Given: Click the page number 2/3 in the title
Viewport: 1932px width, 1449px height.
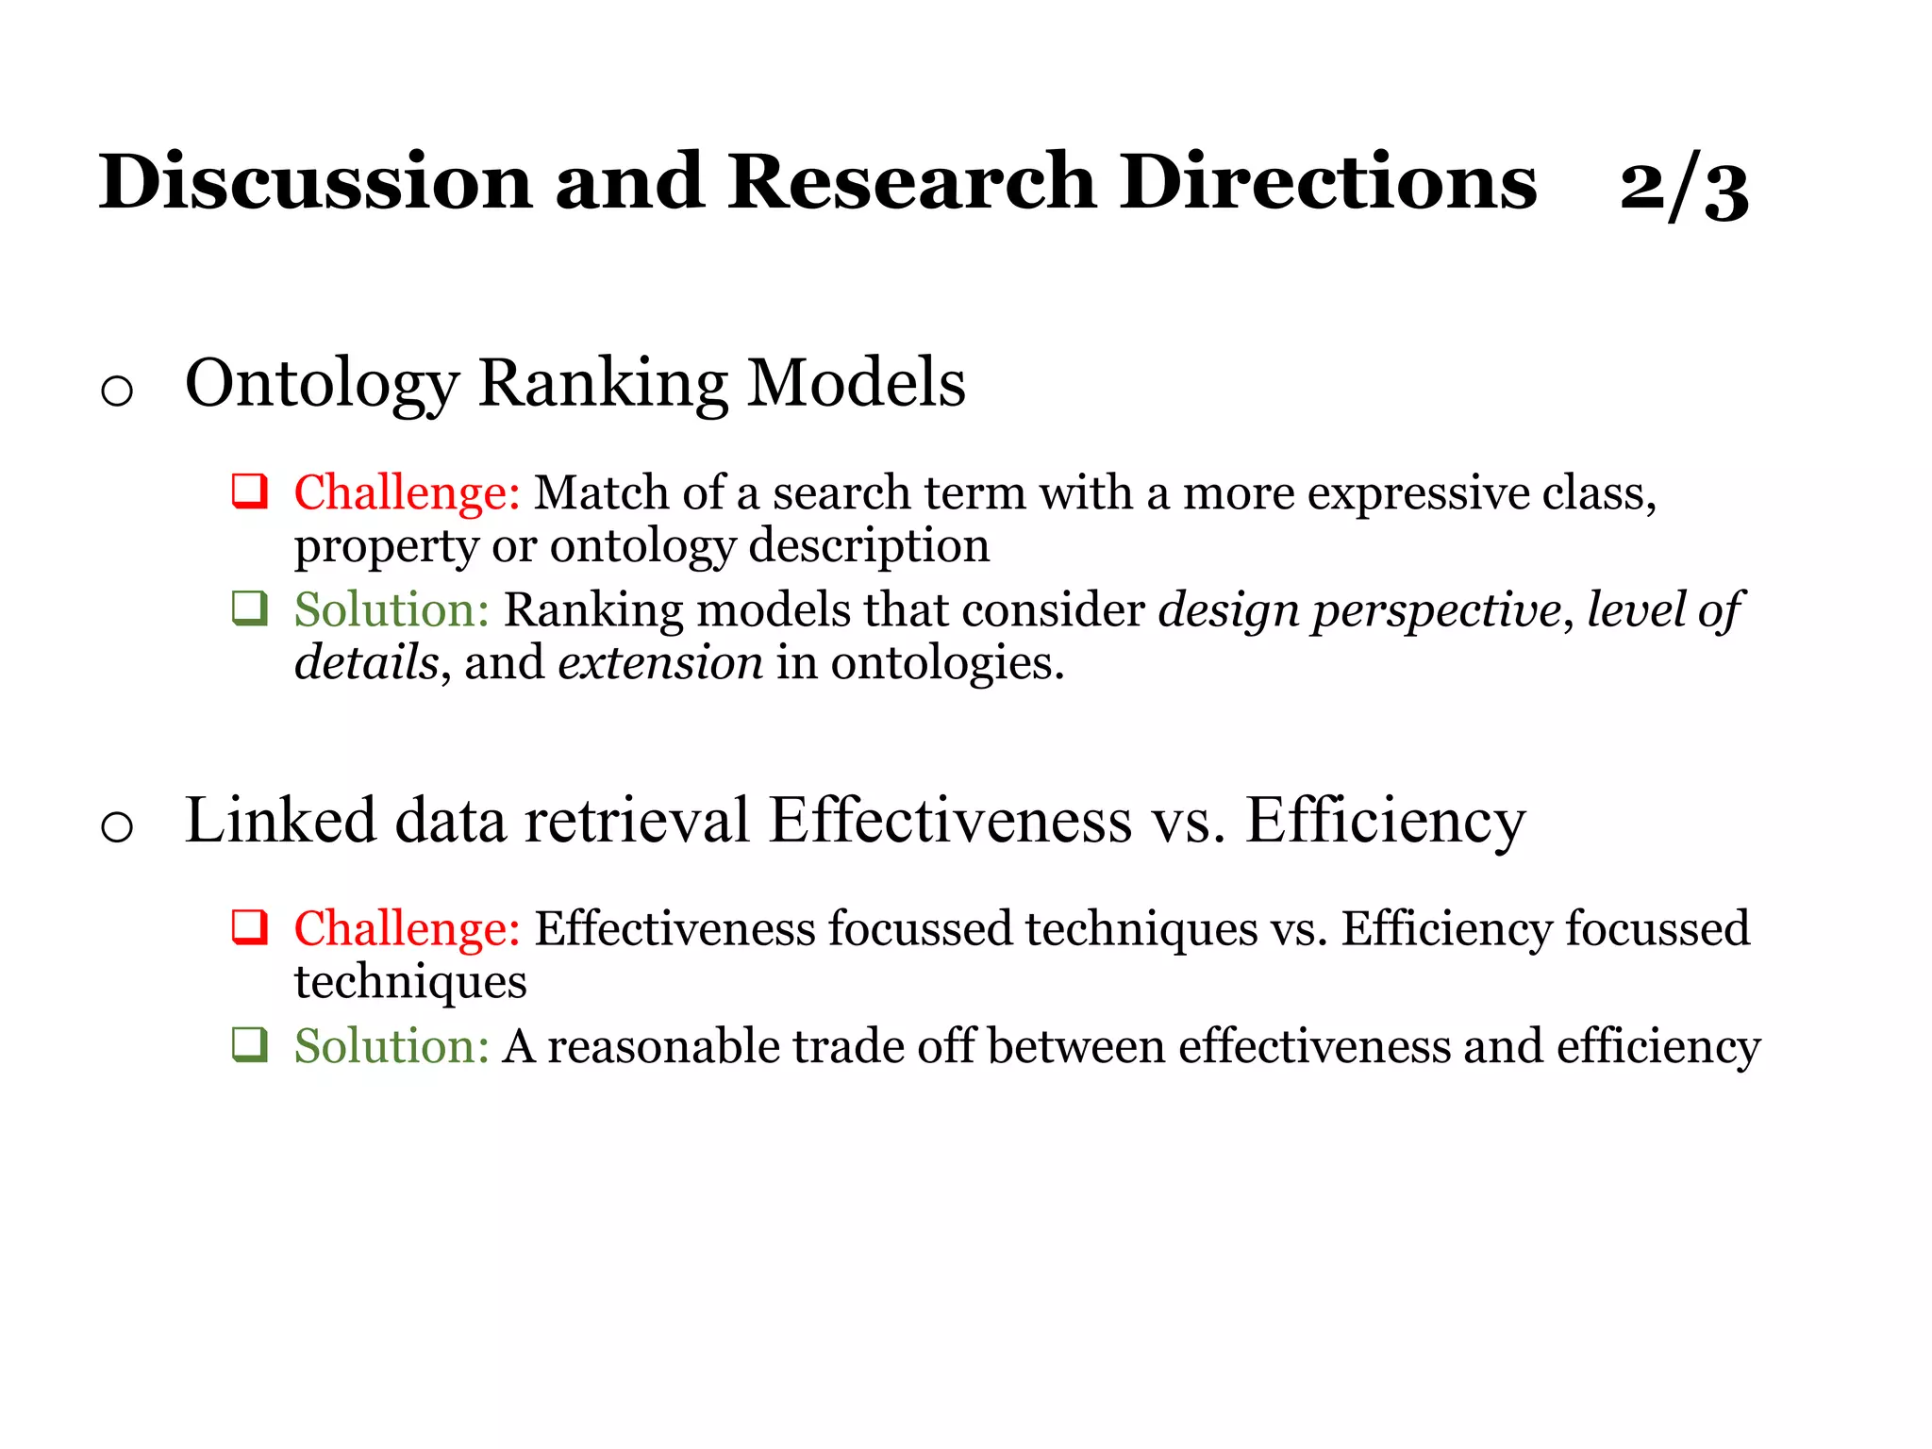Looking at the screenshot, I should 1684,186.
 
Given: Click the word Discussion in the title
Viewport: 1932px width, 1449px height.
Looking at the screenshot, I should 316,181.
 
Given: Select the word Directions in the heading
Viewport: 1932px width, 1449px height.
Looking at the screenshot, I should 1328,181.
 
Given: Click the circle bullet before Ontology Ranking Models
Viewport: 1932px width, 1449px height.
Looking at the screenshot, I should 117,390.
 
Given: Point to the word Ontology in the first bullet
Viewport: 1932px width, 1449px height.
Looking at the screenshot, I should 322,384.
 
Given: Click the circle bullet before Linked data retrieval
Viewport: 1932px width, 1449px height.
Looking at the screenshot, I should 117,827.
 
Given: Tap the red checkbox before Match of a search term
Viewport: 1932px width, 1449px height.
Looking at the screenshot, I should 251,491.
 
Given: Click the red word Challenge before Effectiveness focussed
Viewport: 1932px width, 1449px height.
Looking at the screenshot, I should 406,928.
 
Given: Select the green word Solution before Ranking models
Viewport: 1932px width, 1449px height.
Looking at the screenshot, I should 391,609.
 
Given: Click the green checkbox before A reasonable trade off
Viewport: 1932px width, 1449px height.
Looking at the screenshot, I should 251,1045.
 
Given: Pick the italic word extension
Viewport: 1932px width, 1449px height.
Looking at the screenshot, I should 660,662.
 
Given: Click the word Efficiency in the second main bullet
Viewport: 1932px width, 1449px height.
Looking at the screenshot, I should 1385,820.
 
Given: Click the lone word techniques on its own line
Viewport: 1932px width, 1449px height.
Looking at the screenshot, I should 410,982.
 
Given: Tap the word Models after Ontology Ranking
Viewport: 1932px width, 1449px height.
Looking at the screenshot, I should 857,384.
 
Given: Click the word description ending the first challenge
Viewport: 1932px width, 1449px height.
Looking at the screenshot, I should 869,546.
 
